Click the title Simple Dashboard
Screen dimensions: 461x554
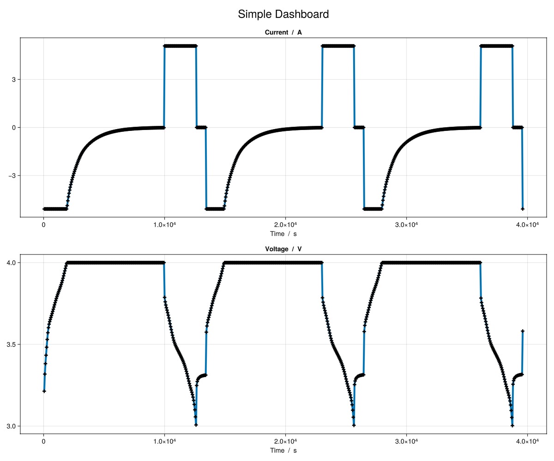coord(283,14)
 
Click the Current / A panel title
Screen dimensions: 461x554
coord(283,32)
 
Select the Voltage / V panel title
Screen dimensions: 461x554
coord(283,249)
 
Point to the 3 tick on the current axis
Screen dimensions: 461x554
coord(14,79)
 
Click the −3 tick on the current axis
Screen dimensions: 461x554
coord(12,176)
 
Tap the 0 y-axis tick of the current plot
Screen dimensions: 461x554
coord(14,128)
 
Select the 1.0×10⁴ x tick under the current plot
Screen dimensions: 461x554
coord(164,225)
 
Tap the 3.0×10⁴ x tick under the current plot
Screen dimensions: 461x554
coord(406,225)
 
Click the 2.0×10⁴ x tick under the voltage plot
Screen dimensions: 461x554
coord(285,441)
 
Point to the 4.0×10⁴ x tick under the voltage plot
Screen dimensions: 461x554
coord(527,441)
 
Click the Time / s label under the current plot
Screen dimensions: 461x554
coord(283,234)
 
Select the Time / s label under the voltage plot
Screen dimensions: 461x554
coord(283,450)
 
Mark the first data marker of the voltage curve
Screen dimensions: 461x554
coord(44,391)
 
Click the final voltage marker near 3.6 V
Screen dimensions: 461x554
coord(523,331)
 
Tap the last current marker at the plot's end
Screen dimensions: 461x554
coord(523,209)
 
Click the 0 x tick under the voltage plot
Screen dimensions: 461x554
coord(43,441)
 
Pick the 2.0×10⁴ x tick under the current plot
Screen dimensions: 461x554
coord(285,225)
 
